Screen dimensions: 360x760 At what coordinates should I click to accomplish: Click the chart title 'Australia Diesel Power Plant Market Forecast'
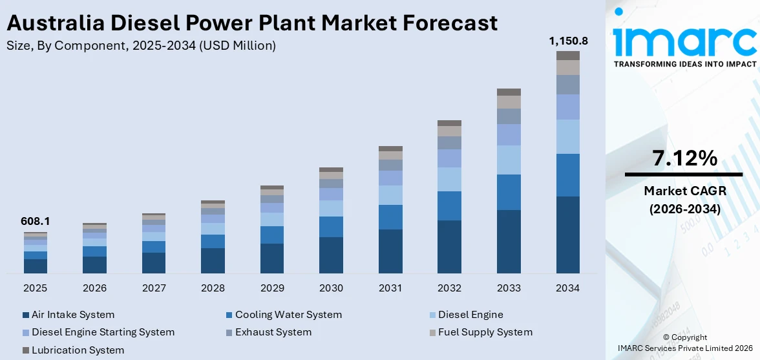pos(252,23)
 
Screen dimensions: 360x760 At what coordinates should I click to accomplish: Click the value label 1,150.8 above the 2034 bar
pos(568,41)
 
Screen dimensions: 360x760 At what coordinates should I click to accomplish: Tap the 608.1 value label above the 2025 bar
pos(36,222)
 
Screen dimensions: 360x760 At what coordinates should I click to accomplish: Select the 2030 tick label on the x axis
pos(331,288)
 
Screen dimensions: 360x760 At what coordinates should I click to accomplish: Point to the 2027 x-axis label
pos(154,288)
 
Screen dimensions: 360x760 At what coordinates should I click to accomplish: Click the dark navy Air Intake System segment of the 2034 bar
pos(568,235)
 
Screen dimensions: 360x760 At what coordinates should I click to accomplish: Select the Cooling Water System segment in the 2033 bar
pos(509,192)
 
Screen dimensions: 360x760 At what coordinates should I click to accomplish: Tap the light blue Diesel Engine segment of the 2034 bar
pos(568,136)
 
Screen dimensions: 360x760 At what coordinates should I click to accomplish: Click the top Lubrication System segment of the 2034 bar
pos(568,56)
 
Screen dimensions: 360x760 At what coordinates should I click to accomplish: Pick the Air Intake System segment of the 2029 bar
pos(272,258)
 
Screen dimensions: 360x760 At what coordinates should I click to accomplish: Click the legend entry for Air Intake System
pos(72,315)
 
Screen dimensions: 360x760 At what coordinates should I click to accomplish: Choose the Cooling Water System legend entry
pos(288,315)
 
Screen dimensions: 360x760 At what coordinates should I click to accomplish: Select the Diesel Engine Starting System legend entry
pos(103,332)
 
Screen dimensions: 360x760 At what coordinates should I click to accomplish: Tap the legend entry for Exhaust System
pos(273,332)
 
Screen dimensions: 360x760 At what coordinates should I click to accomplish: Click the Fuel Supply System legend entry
pos(485,332)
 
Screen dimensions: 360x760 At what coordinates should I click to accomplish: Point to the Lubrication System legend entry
pos(78,350)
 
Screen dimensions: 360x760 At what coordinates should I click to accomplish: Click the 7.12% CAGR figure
pos(684,158)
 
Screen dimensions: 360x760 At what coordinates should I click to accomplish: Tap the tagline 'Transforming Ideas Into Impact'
pos(684,64)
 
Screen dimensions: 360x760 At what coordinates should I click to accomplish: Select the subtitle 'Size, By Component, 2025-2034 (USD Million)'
pos(141,45)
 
